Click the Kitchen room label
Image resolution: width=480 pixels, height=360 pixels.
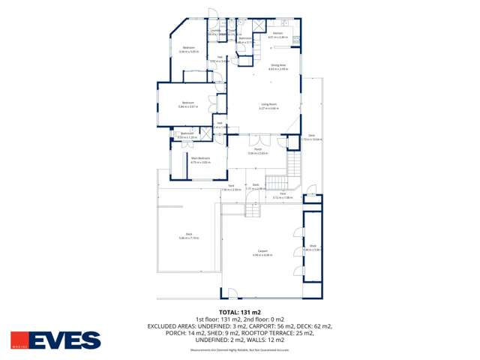pyautogui.click(x=277, y=33)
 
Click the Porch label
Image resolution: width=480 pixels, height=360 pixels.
pyautogui.click(x=256, y=149)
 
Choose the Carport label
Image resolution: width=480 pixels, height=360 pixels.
pyautogui.click(x=262, y=250)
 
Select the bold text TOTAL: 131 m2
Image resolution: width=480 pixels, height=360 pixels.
pyautogui.click(x=240, y=311)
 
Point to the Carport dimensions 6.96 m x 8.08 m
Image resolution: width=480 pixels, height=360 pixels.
pyautogui.click(x=262, y=255)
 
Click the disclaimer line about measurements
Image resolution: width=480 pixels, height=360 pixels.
pyautogui.click(x=240, y=349)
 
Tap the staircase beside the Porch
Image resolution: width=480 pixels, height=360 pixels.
pyautogui.click(x=279, y=182)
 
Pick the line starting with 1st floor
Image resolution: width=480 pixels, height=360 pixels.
pyautogui.click(x=240, y=319)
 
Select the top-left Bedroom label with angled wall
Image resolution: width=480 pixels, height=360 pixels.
pyautogui.click(x=188, y=48)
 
